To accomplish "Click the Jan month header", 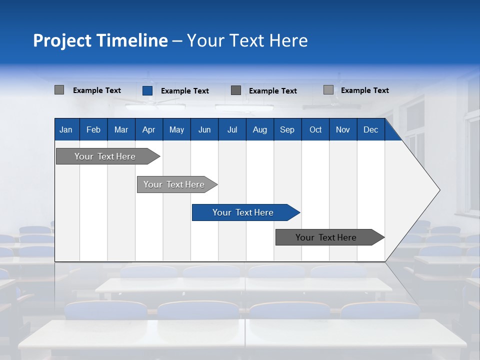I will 66,129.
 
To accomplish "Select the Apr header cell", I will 148,129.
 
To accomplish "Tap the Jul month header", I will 232,129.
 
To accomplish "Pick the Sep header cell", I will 287,129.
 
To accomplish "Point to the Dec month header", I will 370,129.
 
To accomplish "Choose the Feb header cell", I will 93,129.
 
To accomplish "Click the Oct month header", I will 315,129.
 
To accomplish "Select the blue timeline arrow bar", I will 243,212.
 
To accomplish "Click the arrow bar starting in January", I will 105,156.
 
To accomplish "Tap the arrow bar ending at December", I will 326,237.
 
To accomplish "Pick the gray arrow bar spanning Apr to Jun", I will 174,184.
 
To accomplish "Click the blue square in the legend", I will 147,90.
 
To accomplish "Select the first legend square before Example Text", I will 59,90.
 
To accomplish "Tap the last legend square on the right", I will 328,90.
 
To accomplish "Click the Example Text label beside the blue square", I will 185,91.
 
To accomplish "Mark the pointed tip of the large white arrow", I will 439,190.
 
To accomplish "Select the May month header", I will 176,129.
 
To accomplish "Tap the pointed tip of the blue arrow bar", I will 299,212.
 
